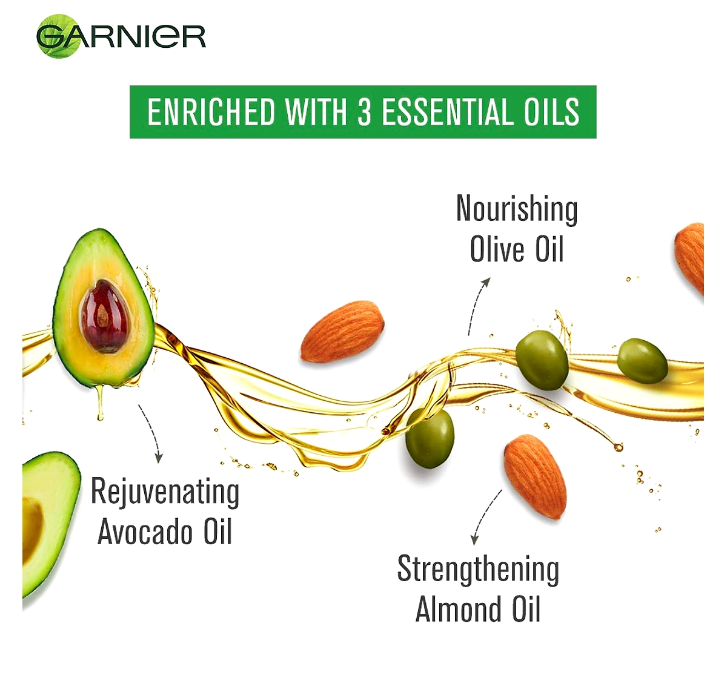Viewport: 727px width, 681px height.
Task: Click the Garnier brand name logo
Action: coord(121,36)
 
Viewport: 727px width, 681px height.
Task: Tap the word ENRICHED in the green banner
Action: coord(211,111)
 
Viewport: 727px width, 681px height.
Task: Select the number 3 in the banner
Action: coord(364,111)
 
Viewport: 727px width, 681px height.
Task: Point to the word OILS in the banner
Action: coord(552,111)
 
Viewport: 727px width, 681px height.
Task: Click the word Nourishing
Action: coord(517,209)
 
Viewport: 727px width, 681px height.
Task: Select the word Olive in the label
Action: coord(497,249)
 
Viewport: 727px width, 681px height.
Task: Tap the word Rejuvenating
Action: coord(165,493)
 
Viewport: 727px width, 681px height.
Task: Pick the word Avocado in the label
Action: coord(145,532)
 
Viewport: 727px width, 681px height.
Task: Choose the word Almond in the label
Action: coord(458,610)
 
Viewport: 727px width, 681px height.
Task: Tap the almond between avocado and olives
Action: coord(342,332)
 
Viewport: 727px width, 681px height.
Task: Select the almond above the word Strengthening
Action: coord(535,477)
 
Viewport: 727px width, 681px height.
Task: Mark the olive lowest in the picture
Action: coord(430,438)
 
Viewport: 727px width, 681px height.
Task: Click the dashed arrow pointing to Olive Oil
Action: coord(475,305)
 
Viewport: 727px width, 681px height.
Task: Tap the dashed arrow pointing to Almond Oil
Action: coord(485,517)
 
